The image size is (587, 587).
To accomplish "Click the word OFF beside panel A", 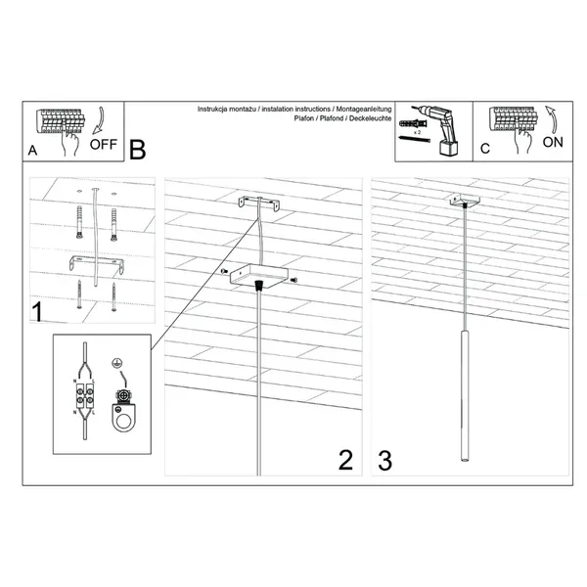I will [x=103, y=144].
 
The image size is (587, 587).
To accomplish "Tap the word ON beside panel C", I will [x=553, y=142].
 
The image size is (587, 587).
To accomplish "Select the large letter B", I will [x=137, y=150].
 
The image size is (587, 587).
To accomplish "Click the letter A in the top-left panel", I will [x=34, y=152].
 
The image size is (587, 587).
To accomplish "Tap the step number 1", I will [x=37, y=315].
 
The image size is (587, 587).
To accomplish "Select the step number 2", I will [x=344, y=460].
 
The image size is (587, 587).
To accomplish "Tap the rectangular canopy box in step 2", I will [x=257, y=277].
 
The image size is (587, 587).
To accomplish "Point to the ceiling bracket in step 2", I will [x=259, y=205].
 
